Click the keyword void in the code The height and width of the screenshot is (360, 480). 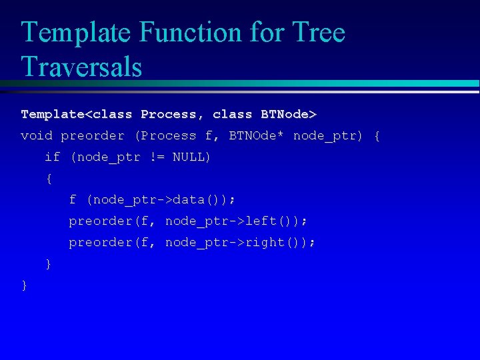[37, 136]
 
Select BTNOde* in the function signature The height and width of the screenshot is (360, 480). [257, 136]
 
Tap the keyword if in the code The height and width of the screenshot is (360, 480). [52, 157]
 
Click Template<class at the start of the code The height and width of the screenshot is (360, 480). [77, 115]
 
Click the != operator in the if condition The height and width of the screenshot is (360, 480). [156, 157]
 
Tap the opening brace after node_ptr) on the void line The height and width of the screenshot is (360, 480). [377, 136]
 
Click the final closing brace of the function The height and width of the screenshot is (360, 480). [25, 285]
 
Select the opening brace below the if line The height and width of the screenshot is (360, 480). [48, 179]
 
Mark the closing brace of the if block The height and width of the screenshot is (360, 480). [48, 264]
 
